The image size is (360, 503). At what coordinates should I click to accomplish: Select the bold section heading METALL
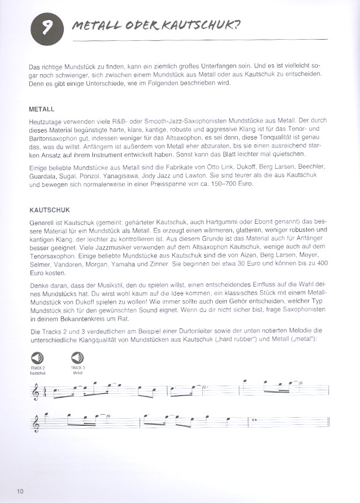(41, 109)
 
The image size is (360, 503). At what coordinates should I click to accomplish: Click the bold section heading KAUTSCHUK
(48, 208)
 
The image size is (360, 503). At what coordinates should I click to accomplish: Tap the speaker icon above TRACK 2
(36, 357)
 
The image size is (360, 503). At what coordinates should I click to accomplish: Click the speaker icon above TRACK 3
(78, 357)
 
